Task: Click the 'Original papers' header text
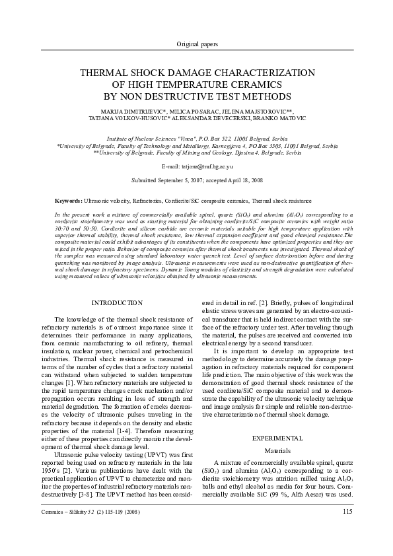pyautogui.click(x=197, y=44)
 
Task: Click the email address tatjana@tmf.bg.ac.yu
pyautogui.click(x=207, y=168)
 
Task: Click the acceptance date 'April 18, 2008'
pyautogui.click(x=242, y=180)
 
